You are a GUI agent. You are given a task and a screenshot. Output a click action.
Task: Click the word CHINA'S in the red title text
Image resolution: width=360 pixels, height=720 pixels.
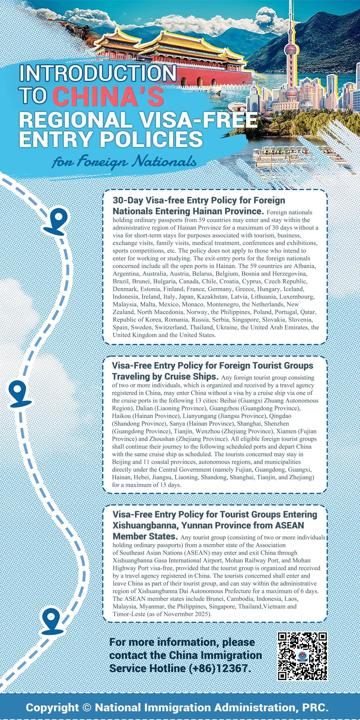click(108, 96)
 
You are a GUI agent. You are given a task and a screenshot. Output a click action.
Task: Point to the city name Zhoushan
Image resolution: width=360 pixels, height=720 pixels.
click(162, 439)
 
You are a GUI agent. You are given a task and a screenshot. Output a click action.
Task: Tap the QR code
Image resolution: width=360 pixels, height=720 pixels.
click(302, 656)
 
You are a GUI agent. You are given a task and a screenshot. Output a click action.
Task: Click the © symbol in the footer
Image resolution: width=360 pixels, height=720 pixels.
click(87, 707)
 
